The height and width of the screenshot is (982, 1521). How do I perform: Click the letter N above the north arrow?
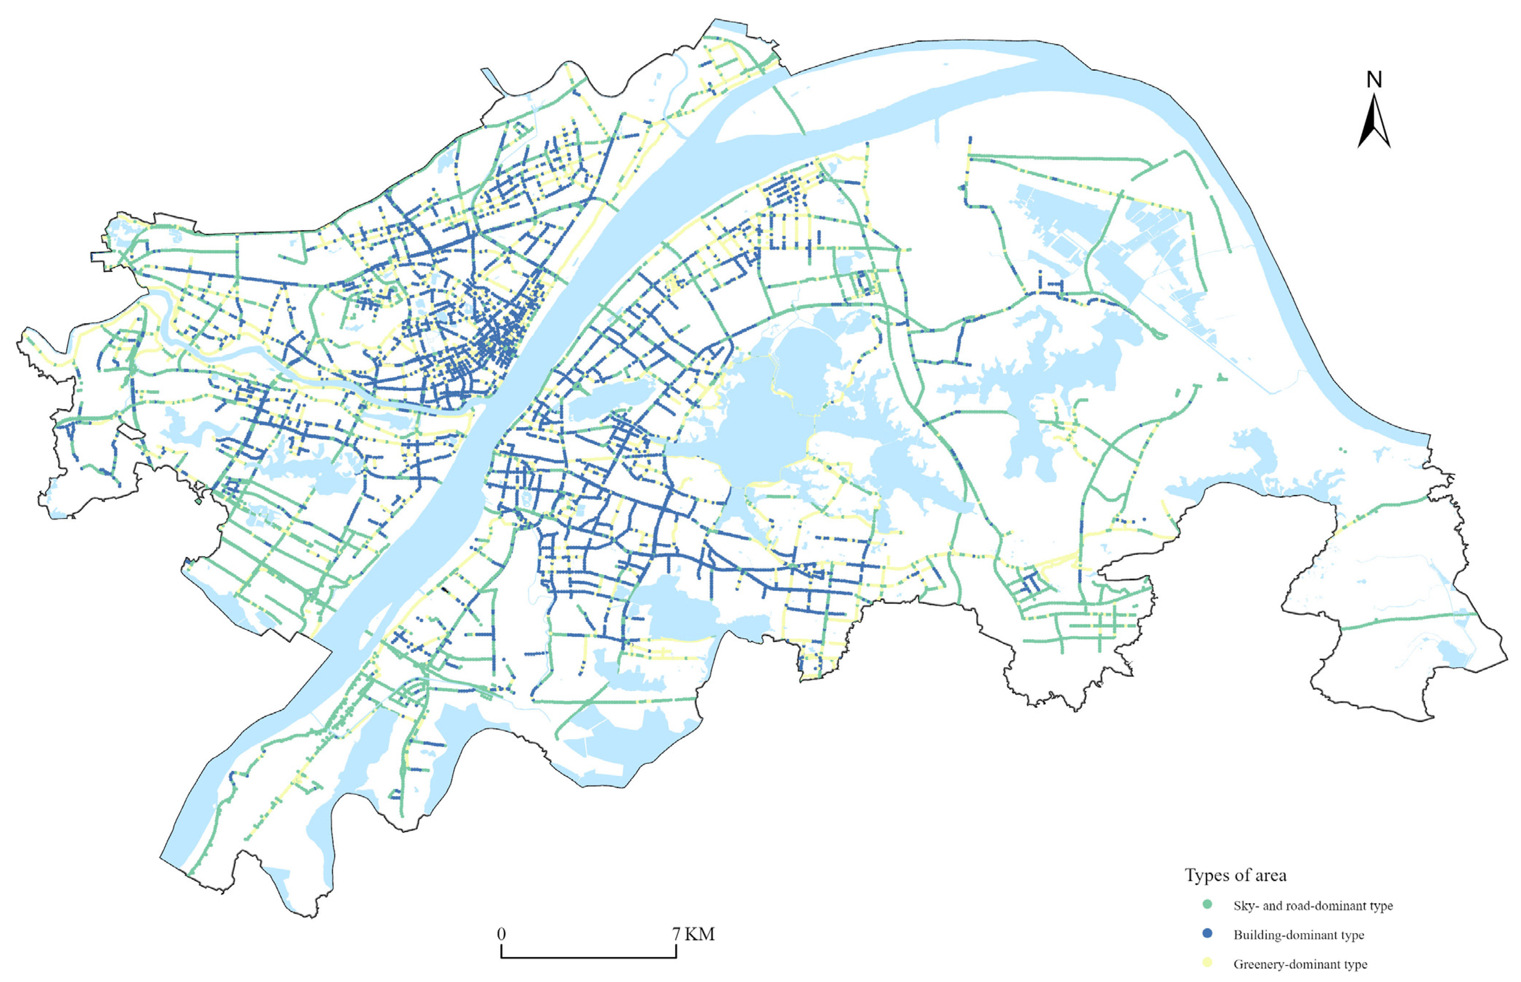1374,80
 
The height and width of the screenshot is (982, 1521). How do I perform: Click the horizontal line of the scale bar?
588,957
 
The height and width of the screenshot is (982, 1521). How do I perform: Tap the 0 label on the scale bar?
501,934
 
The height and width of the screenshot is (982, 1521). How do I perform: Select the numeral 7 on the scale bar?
676,934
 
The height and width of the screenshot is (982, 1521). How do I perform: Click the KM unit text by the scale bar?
700,934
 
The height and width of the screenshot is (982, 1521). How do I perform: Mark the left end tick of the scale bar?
502,952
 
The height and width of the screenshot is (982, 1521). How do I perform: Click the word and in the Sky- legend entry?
1273,905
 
